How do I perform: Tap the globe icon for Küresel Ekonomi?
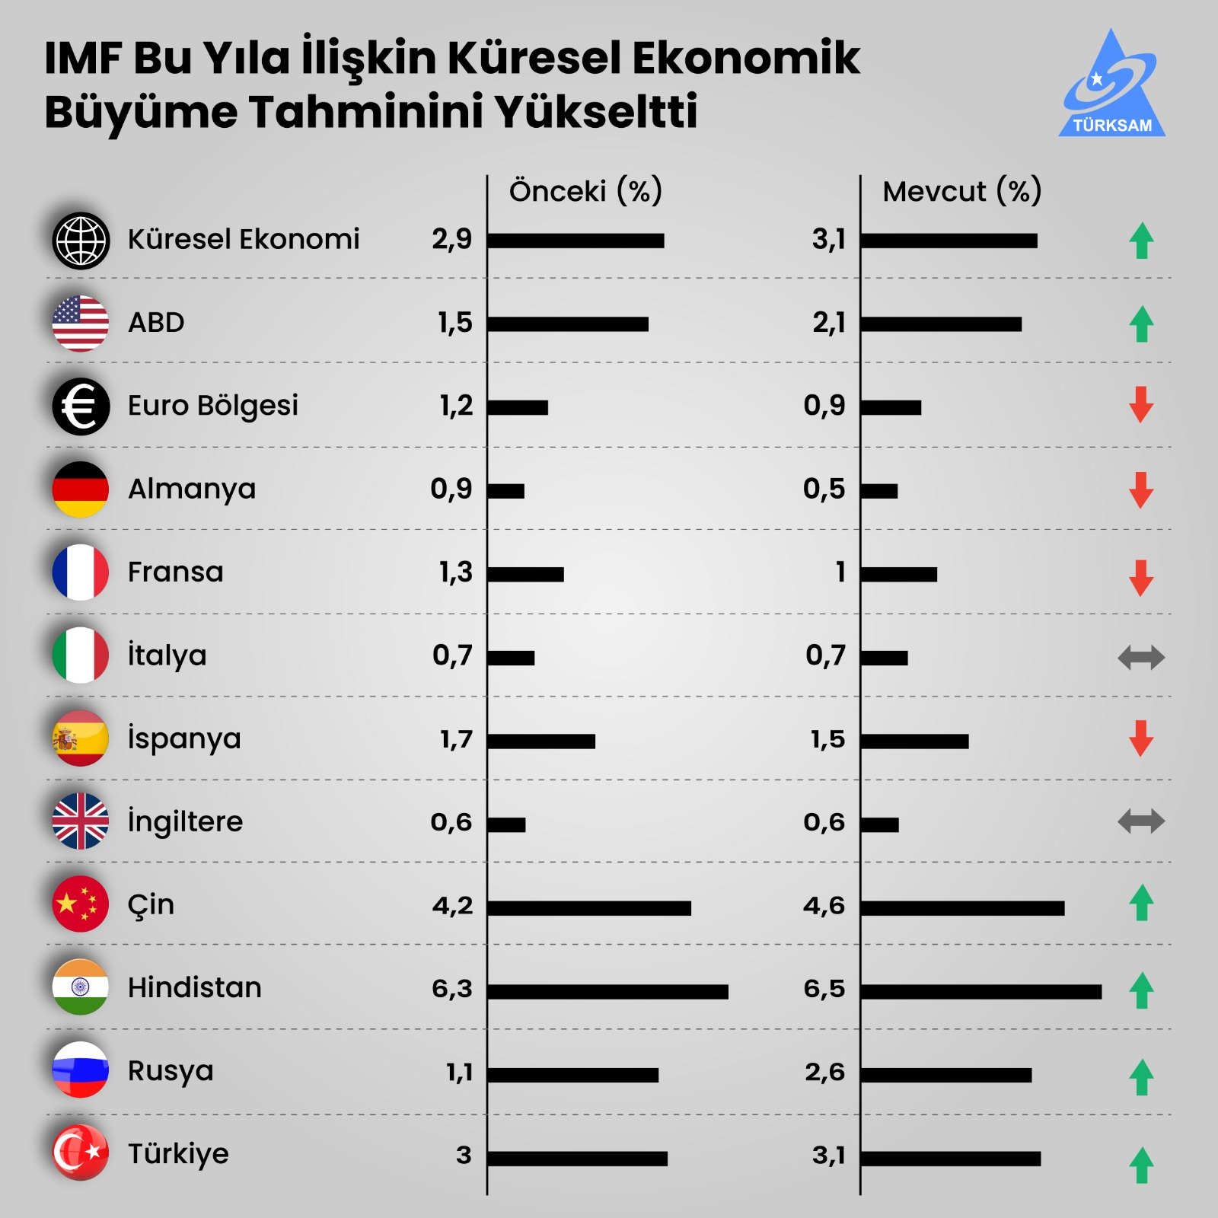click(x=81, y=241)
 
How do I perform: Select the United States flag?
click(x=81, y=324)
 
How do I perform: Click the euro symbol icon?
click(x=81, y=407)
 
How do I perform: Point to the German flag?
click(x=81, y=489)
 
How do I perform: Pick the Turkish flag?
click(x=81, y=1153)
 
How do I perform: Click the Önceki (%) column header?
click(x=585, y=191)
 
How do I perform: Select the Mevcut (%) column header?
click(x=961, y=191)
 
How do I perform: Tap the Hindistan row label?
click(x=195, y=987)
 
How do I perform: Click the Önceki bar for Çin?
click(x=589, y=908)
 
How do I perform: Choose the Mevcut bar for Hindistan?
click(x=981, y=991)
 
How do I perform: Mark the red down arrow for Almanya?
click(x=1141, y=489)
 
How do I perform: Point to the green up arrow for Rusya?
click(x=1141, y=1076)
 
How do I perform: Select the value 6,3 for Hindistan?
click(x=452, y=989)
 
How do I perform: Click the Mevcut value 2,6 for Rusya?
click(x=824, y=1072)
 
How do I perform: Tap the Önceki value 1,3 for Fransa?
click(x=455, y=572)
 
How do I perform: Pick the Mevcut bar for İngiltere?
click(x=880, y=824)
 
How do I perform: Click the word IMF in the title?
click(x=83, y=59)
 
